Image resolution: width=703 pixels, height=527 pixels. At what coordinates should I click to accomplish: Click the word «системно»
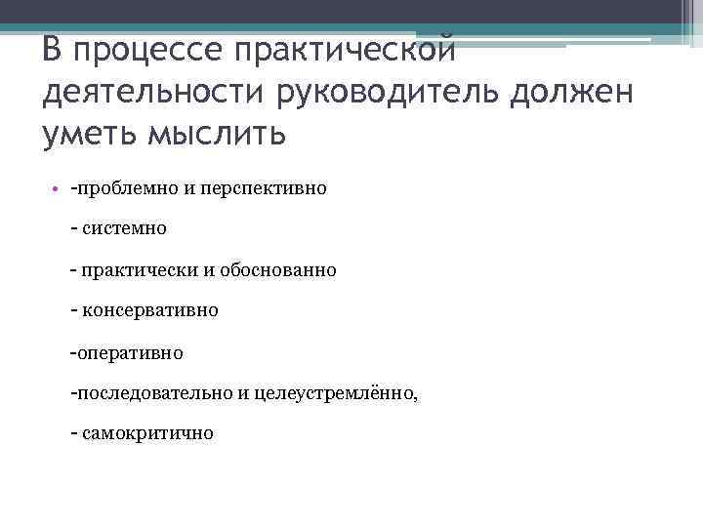click(125, 228)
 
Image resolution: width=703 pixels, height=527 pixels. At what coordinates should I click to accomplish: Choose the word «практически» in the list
click(141, 269)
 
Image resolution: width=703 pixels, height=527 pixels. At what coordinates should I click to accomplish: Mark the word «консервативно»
click(150, 310)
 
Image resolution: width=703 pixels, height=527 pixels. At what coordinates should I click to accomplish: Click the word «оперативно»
click(130, 351)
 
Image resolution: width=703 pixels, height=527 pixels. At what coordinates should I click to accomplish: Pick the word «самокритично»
click(147, 433)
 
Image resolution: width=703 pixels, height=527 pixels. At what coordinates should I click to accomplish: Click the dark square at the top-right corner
click(691, 13)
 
